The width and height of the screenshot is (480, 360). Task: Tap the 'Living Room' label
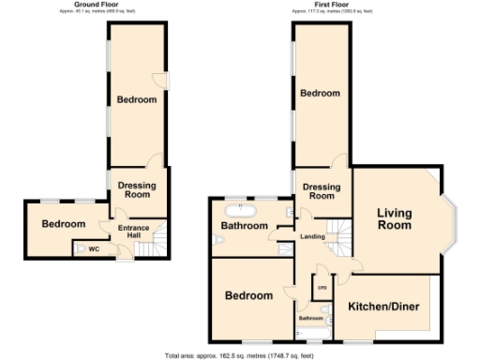click(395, 219)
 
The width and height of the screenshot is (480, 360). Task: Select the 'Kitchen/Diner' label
click(382, 307)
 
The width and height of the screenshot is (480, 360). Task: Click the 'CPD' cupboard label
click(322, 288)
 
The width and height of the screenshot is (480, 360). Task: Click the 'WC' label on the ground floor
click(94, 249)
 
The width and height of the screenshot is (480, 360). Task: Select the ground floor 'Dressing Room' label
click(137, 190)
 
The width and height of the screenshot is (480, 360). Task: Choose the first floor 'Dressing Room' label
click(322, 191)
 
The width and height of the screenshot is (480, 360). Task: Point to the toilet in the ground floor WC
click(79, 248)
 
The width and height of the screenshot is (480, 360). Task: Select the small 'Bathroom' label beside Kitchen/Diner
click(311, 319)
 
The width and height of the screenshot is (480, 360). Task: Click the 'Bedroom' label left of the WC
click(63, 224)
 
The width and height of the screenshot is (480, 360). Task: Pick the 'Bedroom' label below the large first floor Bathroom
click(247, 295)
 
